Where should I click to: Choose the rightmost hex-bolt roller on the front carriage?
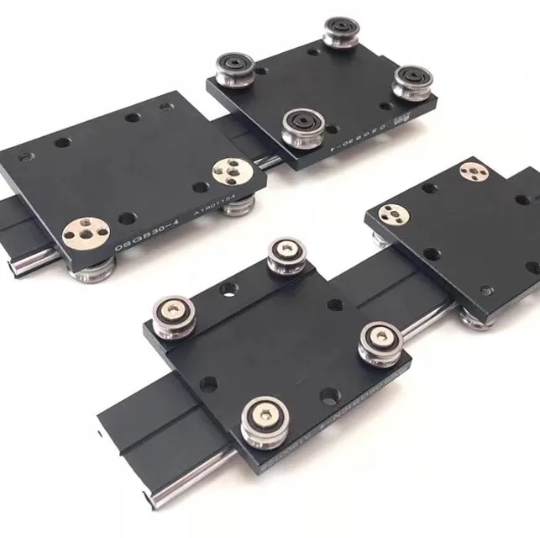[378, 340]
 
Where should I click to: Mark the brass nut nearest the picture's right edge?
[473, 172]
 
